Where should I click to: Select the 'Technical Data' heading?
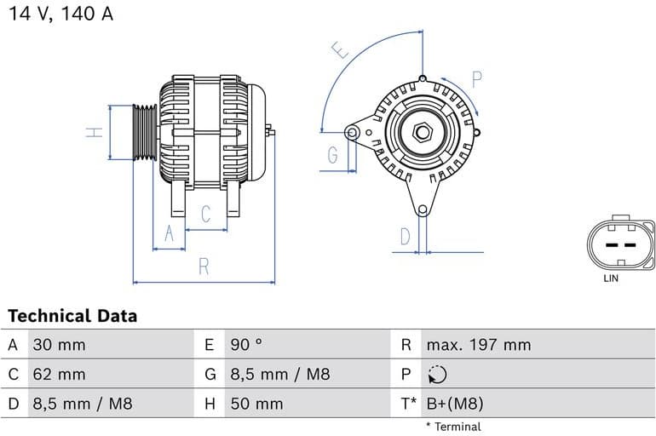[72, 316]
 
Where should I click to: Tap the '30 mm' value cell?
[59, 345]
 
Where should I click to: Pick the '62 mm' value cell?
[59, 374]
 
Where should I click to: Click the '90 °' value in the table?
[246, 345]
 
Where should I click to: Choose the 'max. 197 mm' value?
[478, 345]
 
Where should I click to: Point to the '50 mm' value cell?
[256, 403]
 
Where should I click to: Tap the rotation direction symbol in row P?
[436, 374]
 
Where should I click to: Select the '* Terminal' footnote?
[453, 426]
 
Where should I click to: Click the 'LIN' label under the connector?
[611, 278]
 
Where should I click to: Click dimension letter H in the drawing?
[95, 132]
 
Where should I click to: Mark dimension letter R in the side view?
[204, 266]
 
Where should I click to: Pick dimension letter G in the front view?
[332, 155]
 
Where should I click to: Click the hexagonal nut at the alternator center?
[423, 133]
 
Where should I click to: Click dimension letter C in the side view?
[205, 215]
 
